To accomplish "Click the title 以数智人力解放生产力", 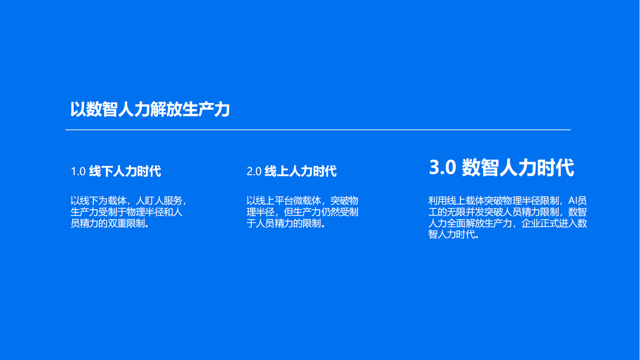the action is (150, 109).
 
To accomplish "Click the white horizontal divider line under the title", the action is (318, 130).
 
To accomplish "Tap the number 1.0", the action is (78, 171).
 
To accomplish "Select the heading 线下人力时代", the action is (125, 171).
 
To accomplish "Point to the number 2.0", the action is (254, 171).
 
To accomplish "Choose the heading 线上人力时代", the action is (301, 171).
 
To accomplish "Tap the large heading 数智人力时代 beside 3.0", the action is (518, 168).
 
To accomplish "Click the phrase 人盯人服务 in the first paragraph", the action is (159, 201).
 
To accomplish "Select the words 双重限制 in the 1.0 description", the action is (126, 223).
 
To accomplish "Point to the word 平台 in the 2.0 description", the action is (284, 201).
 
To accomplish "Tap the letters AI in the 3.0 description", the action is (573, 201).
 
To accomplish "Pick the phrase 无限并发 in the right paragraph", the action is (465, 212).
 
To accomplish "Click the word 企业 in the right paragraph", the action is (531, 223).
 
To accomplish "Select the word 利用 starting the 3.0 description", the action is (438, 201).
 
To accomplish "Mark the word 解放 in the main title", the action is (166, 109).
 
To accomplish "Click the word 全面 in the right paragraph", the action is (456, 223).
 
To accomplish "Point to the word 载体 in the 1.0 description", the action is (117, 201).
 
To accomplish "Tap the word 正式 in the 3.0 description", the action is (549, 223).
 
